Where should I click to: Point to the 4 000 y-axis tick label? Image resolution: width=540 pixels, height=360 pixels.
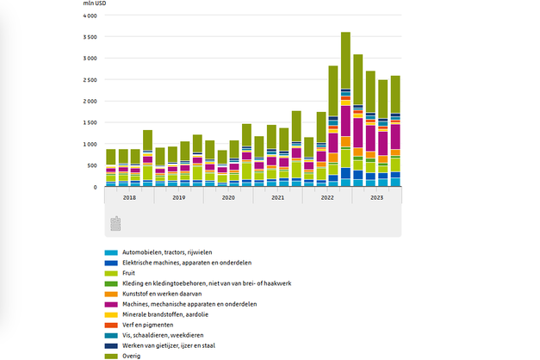coord(89,16)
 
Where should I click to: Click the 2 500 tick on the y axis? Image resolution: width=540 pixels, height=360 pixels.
coord(89,80)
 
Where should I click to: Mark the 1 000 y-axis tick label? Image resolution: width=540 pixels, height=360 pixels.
coord(89,144)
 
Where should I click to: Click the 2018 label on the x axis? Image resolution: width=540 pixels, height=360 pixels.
coord(129,197)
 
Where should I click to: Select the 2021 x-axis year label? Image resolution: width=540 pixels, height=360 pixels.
coord(277,197)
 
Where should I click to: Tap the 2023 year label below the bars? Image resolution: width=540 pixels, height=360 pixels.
coord(376,197)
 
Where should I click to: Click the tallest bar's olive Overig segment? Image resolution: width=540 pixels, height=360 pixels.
coord(345,60)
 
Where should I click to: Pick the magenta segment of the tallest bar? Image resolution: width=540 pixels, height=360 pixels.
coord(345,121)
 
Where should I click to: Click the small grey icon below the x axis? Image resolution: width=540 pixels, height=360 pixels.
coord(115,224)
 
